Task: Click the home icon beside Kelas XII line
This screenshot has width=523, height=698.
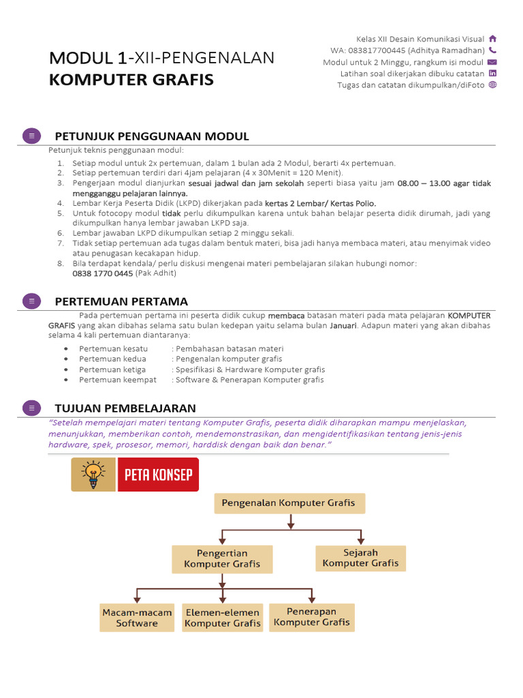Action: (493, 39)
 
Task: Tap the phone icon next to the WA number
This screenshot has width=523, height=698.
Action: (493, 50)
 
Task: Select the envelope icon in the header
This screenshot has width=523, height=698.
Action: (493, 62)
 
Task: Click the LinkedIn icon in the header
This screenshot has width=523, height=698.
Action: (493, 74)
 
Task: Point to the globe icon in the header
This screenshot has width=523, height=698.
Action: (493, 85)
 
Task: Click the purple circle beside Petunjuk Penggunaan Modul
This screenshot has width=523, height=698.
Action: (31, 136)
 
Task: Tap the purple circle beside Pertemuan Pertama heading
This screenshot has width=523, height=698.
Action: (31, 301)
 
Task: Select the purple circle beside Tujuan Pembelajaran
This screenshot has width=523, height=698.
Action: (31, 408)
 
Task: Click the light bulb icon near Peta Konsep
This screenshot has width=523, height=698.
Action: (93, 474)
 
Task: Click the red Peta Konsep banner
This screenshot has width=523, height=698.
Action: (157, 474)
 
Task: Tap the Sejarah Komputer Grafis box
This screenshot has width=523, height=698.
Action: (361, 558)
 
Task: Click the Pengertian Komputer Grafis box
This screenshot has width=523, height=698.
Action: (222, 559)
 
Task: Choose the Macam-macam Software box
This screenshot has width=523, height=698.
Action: (137, 618)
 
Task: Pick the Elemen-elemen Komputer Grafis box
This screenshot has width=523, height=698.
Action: (223, 618)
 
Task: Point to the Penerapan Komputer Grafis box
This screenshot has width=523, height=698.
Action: (312, 617)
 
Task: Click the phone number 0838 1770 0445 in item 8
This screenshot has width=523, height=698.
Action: (103, 273)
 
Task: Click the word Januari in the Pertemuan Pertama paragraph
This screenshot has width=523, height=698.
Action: (343, 326)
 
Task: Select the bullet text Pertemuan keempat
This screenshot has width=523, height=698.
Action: (118, 380)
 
